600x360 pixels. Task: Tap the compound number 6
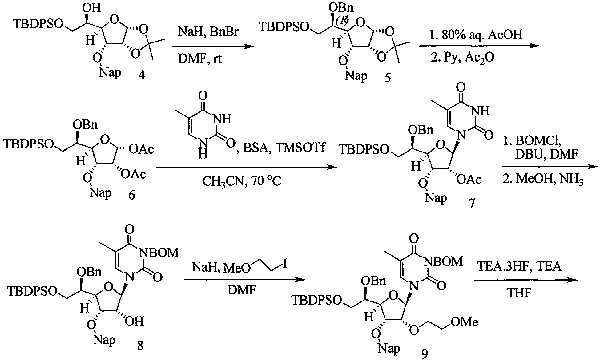[x=132, y=195]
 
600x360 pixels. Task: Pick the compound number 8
[x=140, y=345]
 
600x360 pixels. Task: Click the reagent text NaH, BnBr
[x=208, y=32]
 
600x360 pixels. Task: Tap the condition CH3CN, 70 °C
[x=242, y=181]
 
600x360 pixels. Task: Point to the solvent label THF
[x=520, y=293]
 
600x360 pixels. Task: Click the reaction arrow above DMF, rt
[x=213, y=47]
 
